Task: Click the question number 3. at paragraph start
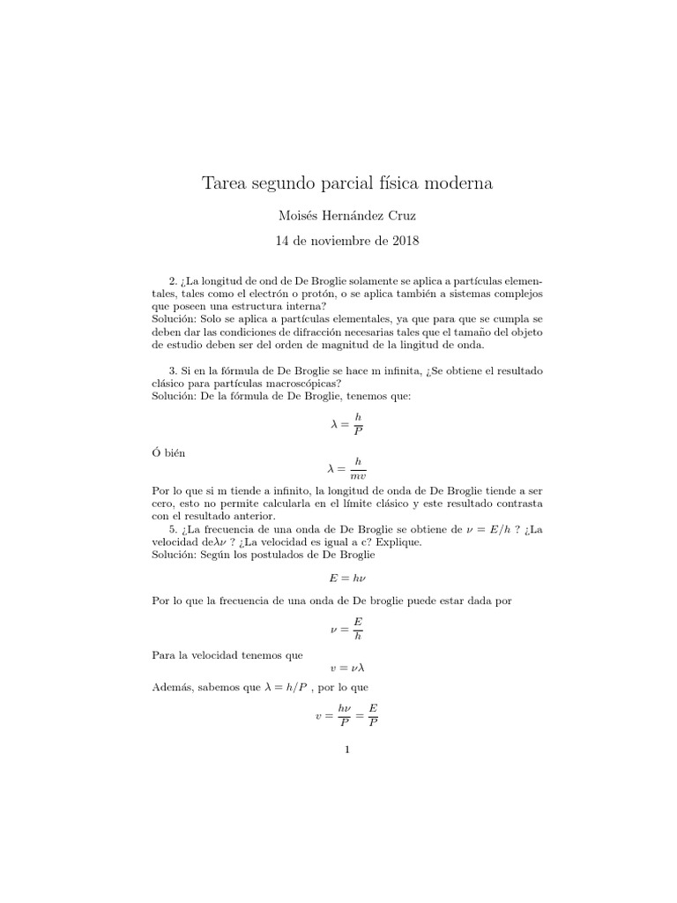[x=174, y=371]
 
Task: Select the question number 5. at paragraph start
[x=174, y=528]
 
